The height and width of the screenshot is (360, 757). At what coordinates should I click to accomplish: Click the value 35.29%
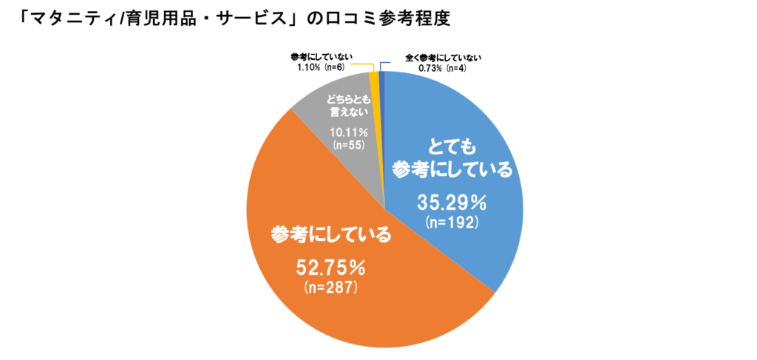click(452, 201)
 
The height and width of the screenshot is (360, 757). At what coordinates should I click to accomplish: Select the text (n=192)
click(452, 221)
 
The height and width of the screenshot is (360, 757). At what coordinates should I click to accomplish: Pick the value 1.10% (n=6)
click(317, 67)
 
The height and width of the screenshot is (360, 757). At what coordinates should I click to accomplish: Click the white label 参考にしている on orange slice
click(330, 237)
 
